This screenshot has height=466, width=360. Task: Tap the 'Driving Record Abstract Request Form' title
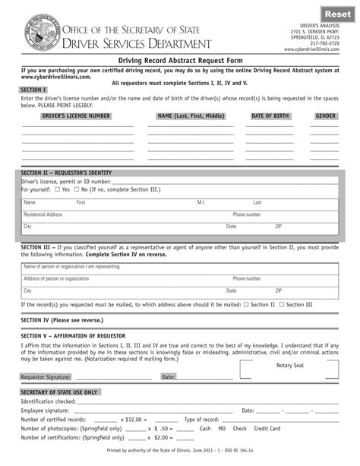click(x=179, y=59)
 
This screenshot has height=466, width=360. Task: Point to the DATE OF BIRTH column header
click(x=272, y=116)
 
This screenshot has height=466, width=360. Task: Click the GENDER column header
click(x=326, y=116)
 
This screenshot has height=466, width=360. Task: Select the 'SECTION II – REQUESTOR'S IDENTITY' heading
click(x=69, y=173)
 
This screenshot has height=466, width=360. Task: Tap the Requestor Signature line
click(x=114, y=376)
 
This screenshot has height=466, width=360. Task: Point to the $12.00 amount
click(x=153, y=420)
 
